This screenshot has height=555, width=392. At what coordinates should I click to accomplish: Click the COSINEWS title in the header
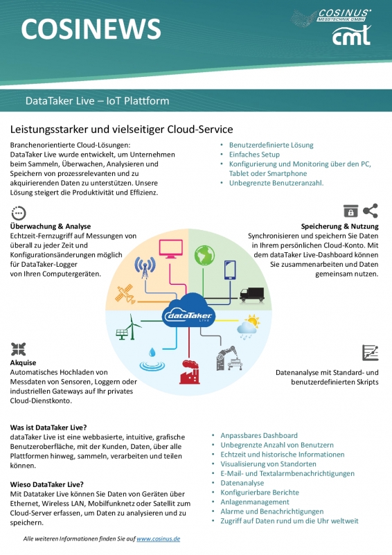91,29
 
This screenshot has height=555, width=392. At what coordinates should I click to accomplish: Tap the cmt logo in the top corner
351,36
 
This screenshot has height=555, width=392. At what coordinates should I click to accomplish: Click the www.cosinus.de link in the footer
158,539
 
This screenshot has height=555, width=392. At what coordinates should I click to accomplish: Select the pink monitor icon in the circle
171,249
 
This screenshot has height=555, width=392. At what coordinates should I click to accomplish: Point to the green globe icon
204,255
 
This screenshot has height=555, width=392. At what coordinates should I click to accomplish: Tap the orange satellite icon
125,294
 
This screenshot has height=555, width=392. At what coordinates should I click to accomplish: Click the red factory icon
190,372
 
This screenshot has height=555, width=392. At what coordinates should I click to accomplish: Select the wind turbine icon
128,327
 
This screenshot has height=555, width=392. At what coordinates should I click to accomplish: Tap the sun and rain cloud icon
249,326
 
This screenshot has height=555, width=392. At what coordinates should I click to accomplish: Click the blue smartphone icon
230,270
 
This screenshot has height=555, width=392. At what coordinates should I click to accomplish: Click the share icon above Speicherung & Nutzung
371,211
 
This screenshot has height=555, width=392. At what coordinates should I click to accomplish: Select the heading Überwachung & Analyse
51,226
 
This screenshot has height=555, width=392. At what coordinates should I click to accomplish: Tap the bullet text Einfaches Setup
254,155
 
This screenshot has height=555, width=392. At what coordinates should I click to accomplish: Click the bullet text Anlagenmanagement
255,502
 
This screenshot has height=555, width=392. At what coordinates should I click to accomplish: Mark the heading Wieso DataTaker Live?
46,484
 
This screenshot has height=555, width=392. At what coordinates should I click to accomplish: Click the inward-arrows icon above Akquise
19,349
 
